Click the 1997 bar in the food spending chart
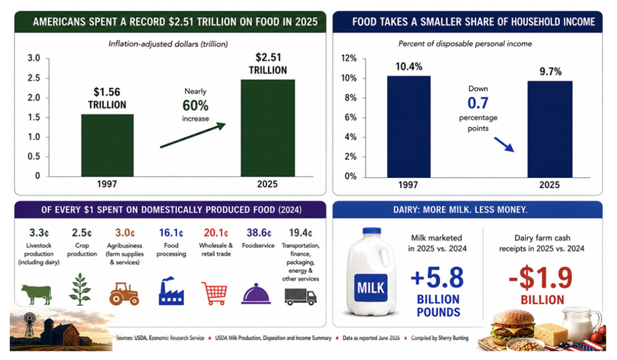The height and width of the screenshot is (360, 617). tap(107, 145)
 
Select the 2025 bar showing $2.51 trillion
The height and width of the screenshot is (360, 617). tap(268, 128)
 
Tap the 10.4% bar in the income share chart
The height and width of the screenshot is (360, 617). tap(408, 126)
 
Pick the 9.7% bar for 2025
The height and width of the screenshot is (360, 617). tap(550, 129)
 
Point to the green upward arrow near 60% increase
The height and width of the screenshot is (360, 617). tap(193, 135)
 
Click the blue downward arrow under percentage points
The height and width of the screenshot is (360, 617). tap(504, 144)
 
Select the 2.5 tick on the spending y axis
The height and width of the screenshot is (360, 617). tap(34, 78)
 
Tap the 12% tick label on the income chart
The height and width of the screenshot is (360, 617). tap(348, 59)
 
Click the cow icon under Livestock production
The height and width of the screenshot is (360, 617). tap(36, 294)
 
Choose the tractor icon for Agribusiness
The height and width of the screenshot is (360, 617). tap(124, 294)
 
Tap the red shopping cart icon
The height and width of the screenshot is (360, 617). tap(214, 293)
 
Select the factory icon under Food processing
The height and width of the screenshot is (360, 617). tap(171, 291)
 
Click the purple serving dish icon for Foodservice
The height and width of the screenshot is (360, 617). tap(256, 294)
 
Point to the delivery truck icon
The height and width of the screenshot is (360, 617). tap(300, 297)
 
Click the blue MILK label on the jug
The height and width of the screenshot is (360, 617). tap(371, 288)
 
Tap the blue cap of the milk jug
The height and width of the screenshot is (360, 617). tap(371, 231)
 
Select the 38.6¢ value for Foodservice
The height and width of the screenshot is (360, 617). tap(259, 233)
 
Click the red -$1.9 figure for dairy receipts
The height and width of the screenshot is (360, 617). tap(541, 278)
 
